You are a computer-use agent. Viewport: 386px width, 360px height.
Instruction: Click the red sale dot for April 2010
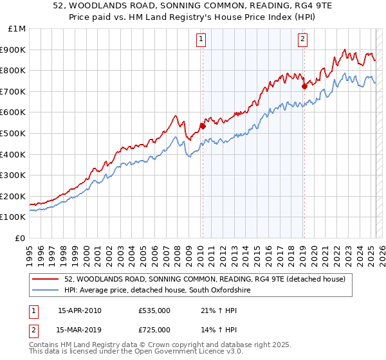tap(203, 126)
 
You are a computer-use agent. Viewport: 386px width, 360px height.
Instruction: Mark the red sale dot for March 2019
tap(304, 85)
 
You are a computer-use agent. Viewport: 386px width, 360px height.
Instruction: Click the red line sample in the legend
tap(44, 279)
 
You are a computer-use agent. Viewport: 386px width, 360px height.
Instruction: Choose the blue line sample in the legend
tap(44, 291)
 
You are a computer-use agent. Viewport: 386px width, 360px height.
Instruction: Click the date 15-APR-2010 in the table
tap(79, 310)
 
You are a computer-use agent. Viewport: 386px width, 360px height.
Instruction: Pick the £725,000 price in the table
tap(154, 330)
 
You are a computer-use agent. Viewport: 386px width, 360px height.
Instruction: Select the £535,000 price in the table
tap(154, 310)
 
